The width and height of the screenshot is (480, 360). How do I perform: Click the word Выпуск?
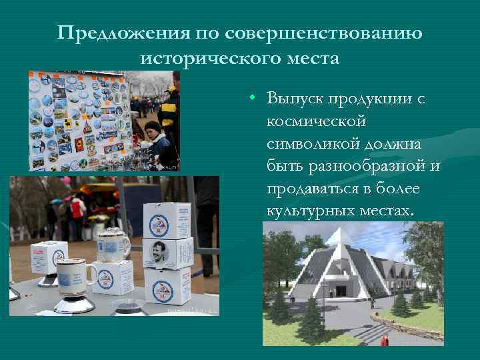(296, 99)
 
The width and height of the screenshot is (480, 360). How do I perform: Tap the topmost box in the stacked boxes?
(167, 218)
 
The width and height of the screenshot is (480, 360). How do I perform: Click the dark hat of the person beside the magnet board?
(153, 125)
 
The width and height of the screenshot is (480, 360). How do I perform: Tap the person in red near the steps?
(385, 340)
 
